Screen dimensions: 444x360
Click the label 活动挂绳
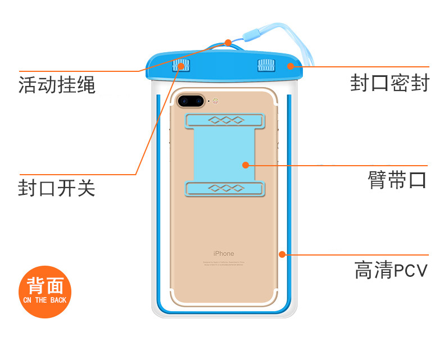pos(57,86)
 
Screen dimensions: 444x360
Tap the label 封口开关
pos(57,188)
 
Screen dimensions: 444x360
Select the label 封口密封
pos(389,83)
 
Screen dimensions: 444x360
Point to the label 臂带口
pos(397,180)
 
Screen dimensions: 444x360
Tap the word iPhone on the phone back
pos(223,253)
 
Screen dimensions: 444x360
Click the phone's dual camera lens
pos(191,102)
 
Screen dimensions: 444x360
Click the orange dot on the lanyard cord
pos(228,43)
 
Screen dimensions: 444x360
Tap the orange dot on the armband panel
pos(245,165)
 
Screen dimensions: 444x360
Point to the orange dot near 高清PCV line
pos(282,254)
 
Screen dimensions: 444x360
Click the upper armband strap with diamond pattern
pos(224,119)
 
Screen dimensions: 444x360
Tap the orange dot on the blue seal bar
pos(290,66)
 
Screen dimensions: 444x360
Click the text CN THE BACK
pos(45,300)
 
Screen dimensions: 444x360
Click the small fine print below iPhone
pos(223,263)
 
